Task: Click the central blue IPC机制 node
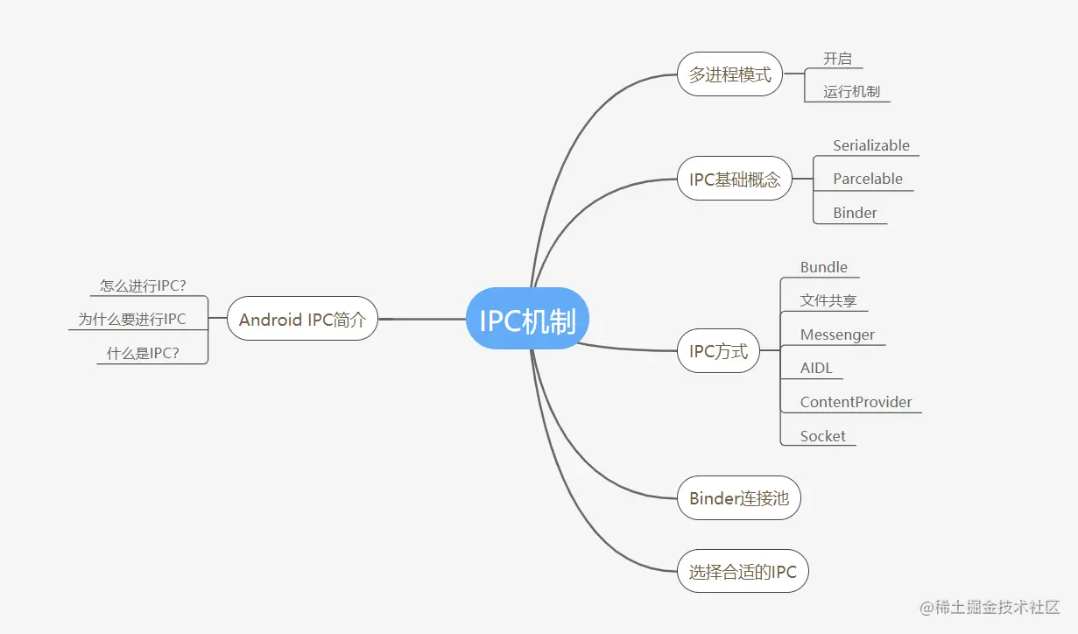(527, 319)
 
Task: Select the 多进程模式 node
(729, 74)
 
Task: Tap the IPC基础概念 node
(734, 180)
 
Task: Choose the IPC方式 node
(718, 351)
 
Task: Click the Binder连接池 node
(738, 498)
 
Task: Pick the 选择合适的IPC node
(743, 572)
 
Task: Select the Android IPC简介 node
(302, 320)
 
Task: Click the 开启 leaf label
(837, 59)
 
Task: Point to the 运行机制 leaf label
(851, 91)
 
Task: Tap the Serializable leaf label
(870, 145)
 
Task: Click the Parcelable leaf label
(867, 179)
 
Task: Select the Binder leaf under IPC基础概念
(855, 213)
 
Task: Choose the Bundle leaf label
(823, 267)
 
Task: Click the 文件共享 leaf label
(828, 300)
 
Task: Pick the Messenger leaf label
(837, 335)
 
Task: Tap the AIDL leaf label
(816, 368)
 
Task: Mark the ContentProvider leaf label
(856, 402)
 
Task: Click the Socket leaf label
(822, 436)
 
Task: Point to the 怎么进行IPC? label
(143, 285)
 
